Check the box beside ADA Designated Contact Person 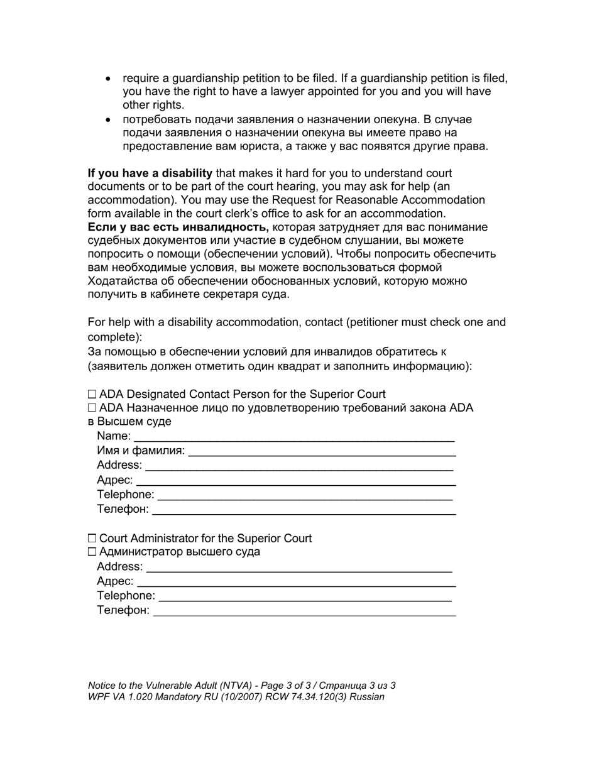pyautogui.click(x=92, y=395)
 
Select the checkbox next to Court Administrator pyautogui.click(x=92, y=539)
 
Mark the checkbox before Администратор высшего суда pyautogui.click(x=92, y=552)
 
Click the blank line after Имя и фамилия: pyautogui.click(x=322, y=452)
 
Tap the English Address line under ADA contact pyautogui.click(x=299, y=466)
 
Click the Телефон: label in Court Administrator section pyautogui.click(x=123, y=610)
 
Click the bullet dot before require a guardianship pyautogui.click(x=109, y=79)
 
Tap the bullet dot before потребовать pyautogui.click(x=109, y=119)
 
